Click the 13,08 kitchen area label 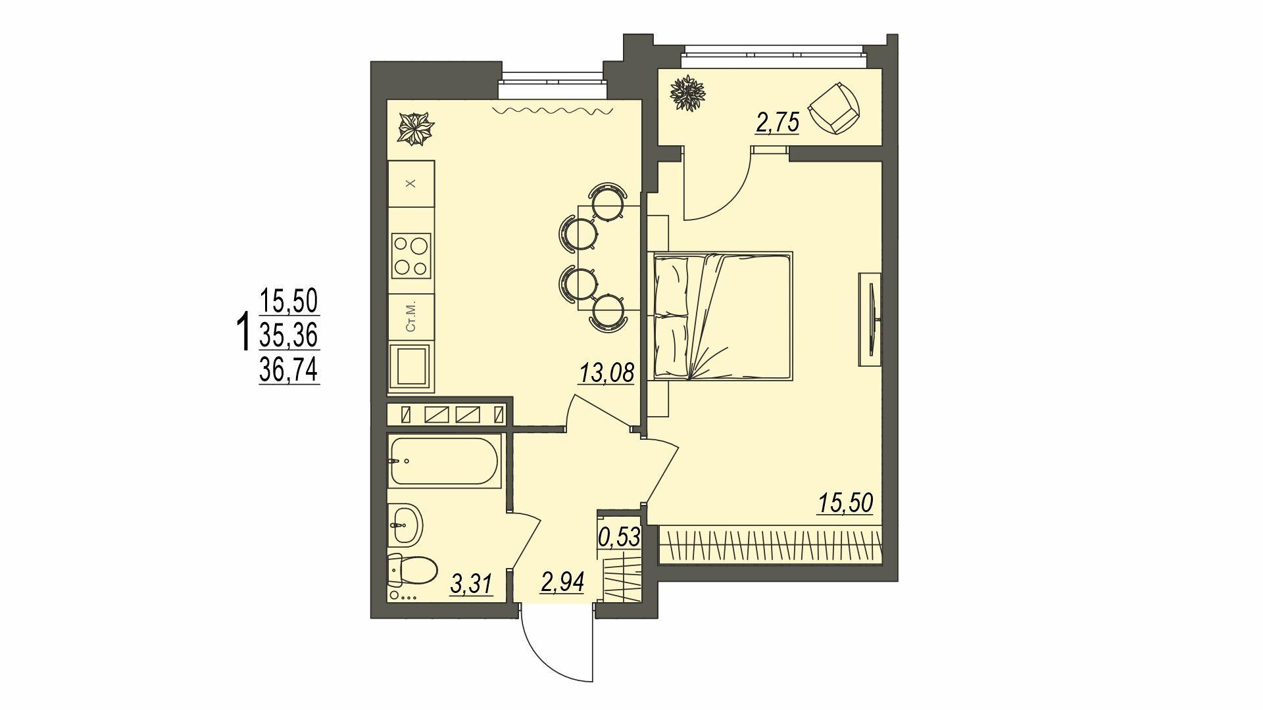tap(606, 374)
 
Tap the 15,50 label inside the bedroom tap(845, 503)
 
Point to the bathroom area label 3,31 tap(471, 583)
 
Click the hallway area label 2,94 tap(562, 582)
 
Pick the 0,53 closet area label tap(619, 536)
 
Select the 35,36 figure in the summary tap(289, 337)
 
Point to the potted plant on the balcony tap(688, 93)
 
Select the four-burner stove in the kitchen tap(410, 255)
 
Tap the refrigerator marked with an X tap(410, 184)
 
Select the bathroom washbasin tap(405, 525)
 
